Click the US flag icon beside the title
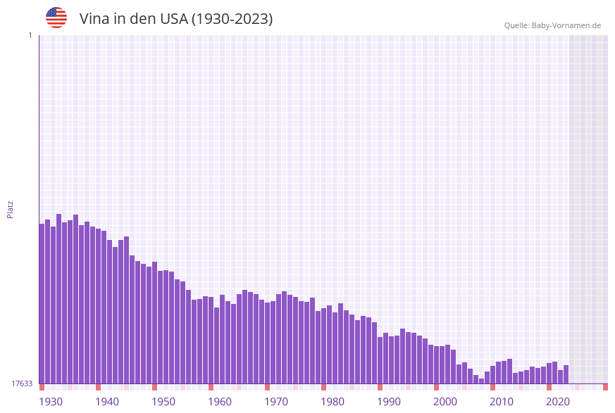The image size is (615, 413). tap(56, 18)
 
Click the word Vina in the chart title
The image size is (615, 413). tap(94, 19)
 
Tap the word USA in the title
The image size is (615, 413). tap(173, 19)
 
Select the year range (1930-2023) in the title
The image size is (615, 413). tap(232, 19)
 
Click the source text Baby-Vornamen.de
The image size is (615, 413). tap(566, 25)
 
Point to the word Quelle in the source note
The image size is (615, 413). tap(516, 25)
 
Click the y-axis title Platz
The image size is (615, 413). tap(11, 209)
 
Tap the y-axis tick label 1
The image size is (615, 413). tap(30, 35)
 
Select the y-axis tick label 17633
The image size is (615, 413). tap(22, 383)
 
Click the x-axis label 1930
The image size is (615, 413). tap(51, 402)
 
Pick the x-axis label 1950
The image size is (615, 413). tap(163, 402)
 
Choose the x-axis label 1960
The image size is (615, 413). tap(220, 402)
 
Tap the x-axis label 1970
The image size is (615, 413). tap(276, 402)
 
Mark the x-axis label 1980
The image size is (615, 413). tap(333, 402)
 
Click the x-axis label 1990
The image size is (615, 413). tap(389, 402)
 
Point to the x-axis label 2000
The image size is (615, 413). tap(445, 402)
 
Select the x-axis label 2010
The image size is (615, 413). tap(502, 402)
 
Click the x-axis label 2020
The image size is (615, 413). tap(558, 402)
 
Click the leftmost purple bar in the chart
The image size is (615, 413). tap(42, 303)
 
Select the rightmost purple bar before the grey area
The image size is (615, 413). tap(566, 374)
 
